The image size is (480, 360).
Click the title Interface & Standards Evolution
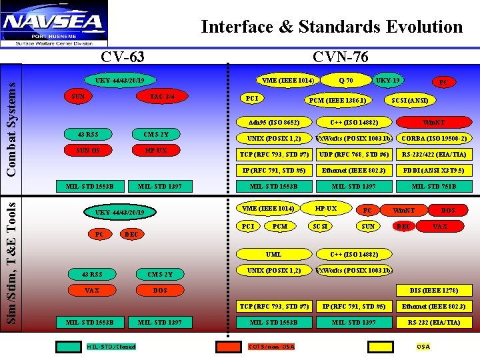tap(331, 27)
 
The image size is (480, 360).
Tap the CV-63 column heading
tap(122, 57)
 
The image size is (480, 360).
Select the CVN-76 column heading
tap(340, 57)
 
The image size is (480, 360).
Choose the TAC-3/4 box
tap(162, 97)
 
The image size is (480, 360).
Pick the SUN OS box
tap(87, 150)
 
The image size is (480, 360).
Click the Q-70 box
tap(345, 81)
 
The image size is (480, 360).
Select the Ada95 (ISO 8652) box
tap(273, 123)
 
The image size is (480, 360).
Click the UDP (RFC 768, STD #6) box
tap(354, 154)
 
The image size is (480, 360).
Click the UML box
tap(273, 255)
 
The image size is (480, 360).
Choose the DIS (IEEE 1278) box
tap(434, 290)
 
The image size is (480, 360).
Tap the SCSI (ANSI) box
tap(409, 100)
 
